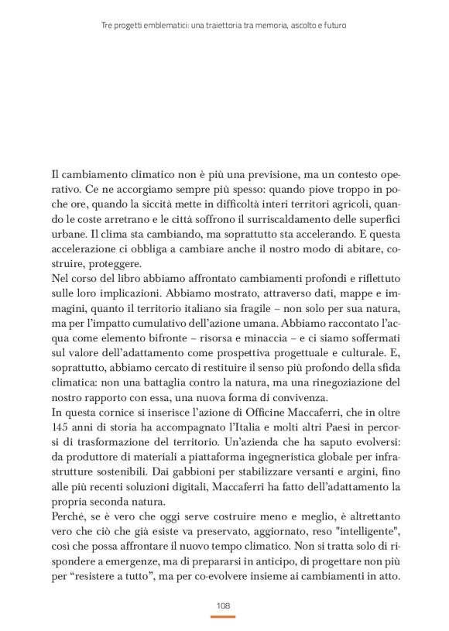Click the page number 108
coord(224,605)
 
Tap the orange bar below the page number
coord(224,616)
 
